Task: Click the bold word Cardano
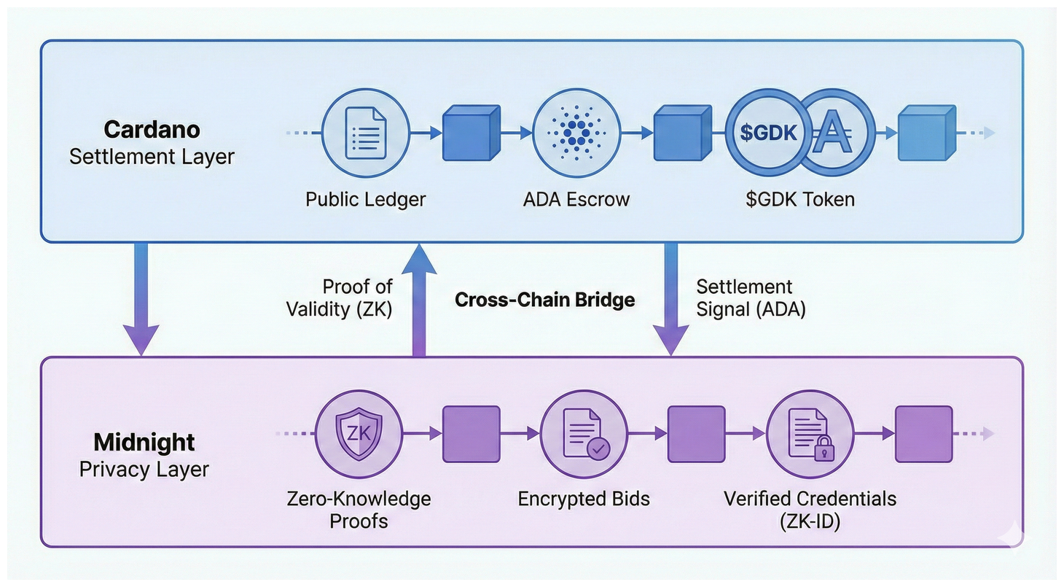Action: point(152,130)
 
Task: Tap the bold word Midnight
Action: point(144,443)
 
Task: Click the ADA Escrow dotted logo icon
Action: point(576,133)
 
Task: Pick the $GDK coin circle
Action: point(767,133)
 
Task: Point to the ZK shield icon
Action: point(358,433)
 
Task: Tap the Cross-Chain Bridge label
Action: point(544,300)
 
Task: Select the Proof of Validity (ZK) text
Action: point(340,298)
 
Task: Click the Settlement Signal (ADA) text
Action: point(751,298)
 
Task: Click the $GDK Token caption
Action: point(799,199)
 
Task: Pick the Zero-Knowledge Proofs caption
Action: point(359,510)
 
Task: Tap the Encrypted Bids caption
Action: point(584,499)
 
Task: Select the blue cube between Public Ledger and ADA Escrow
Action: point(471,133)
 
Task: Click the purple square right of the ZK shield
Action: point(472,434)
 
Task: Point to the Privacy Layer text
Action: point(144,469)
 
